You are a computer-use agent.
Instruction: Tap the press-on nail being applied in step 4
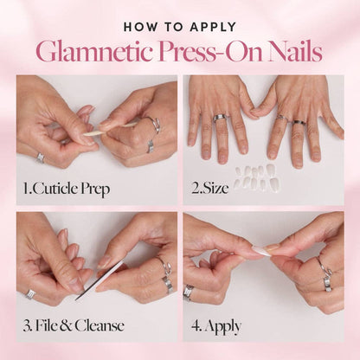(x=261, y=251)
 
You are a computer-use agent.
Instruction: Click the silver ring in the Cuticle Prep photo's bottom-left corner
(x=40, y=157)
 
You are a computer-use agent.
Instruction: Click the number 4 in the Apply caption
(x=196, y=326)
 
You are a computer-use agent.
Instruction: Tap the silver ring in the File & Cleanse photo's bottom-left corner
(x=32, y=293)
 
